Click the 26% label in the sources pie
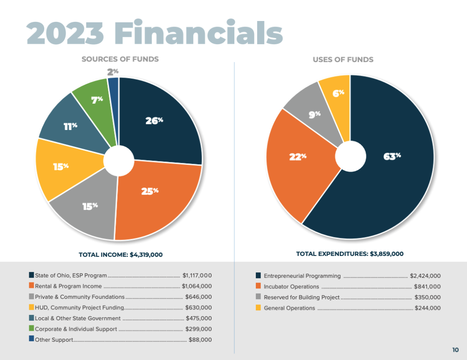click(x=154, y=121)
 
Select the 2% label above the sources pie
click(x=113, y=72)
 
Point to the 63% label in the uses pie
click(x=391, y=157)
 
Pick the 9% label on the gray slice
click(x=315, y=115)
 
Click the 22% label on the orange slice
click(x=297, y=157)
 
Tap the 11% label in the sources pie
click(x=70, y=126)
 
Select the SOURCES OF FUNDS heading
click(x=120, y=59)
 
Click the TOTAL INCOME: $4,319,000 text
click(x=121, y=255)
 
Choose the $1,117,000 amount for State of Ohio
click(x=197, y=276)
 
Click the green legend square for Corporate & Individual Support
click(x=31, y=329)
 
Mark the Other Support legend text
click(x=54, y=340)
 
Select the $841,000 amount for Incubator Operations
click(x=427, y=287)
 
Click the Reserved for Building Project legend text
click(x=301, y=297)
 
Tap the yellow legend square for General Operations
click(x=258, y=308)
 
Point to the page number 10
click(x=456, y=350)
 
